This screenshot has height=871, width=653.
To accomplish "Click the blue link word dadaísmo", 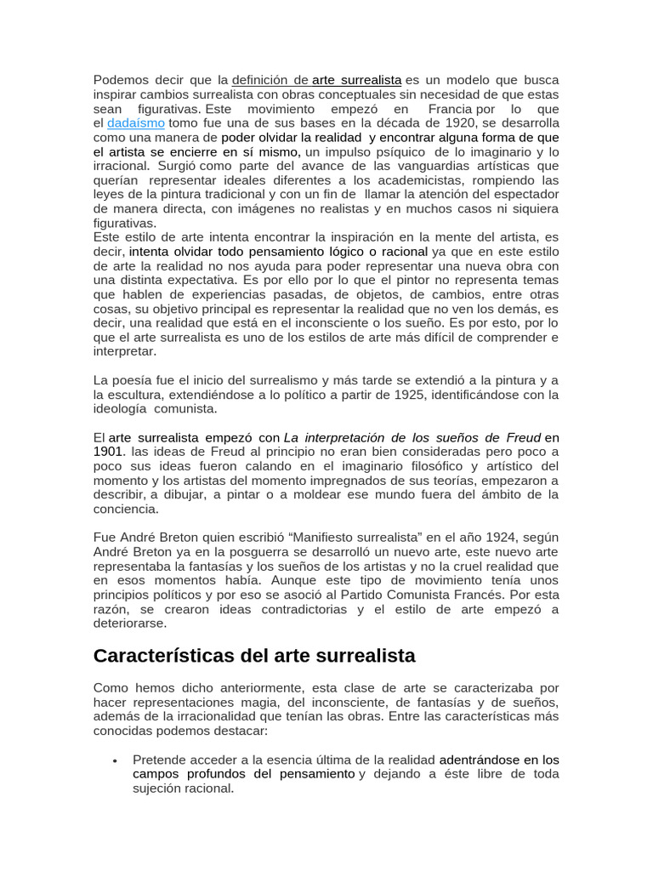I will pyautogui.click(x=136, y=123).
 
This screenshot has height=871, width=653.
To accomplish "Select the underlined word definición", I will pyautogui.click(x=261, y=80).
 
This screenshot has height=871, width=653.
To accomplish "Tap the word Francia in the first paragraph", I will pyautogui.click(x=451, y=109).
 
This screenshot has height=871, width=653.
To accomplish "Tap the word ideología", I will pyautogui.click(x=122, y=409).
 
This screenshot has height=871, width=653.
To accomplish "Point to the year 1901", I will pyautogui.click(x=109, y=452).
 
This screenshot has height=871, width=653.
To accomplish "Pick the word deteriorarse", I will pyautogui.click(x=132, y=623).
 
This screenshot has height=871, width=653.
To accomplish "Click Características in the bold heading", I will pyautogui.click(x=170, y=657).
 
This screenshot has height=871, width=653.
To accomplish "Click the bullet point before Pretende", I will pyautogui.click(x=114, y=760).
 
